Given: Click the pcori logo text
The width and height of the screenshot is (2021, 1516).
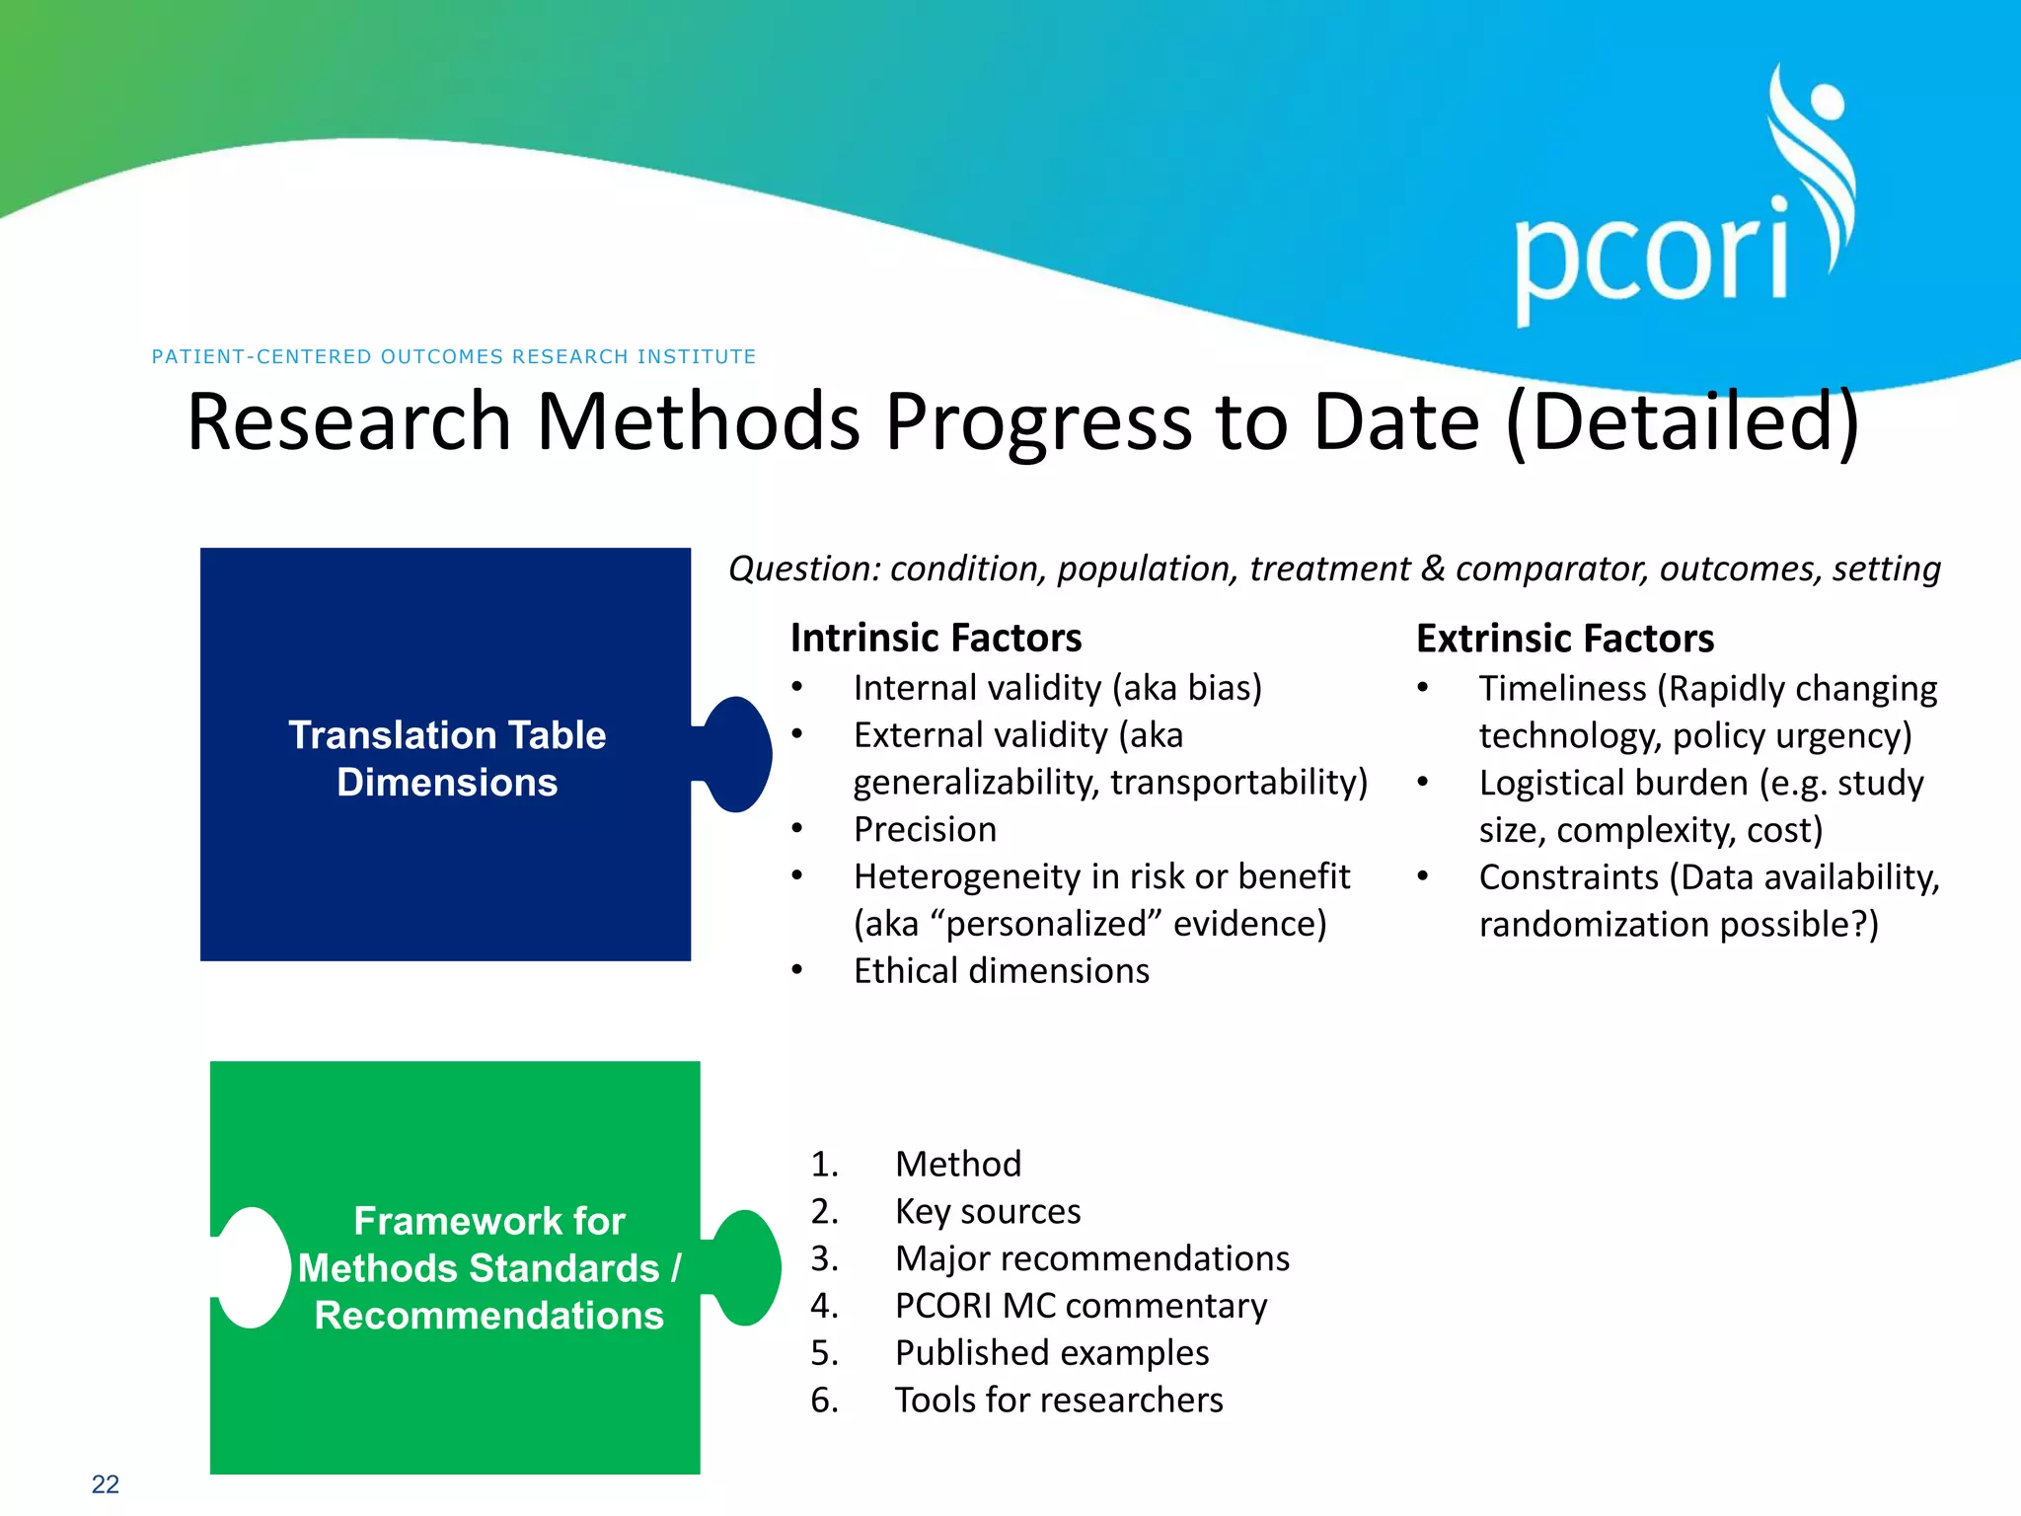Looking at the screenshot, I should coord(1650,259).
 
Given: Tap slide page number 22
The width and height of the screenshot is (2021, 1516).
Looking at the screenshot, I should coord(105,1483).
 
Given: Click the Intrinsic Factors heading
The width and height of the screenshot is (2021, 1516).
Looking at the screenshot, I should coord(936,638).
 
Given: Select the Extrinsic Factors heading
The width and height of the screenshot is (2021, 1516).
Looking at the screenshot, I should coord(1564,639).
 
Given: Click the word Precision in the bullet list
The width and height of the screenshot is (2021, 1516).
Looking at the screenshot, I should coord(925,829).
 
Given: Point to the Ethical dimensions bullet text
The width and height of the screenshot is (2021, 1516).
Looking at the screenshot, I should coord(1001,970).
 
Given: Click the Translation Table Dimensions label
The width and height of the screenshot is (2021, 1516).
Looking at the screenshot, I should coord(446,758).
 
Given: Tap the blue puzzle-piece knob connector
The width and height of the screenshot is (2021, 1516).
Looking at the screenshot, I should coord(738,754).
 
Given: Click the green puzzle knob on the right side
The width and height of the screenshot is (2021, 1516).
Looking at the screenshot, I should coord(747,1267).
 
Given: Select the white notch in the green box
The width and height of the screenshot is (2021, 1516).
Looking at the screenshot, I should coord(252,1267).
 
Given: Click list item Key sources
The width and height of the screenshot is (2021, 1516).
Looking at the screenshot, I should coord(987,1211).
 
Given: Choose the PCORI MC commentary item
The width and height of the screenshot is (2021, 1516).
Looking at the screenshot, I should coord(1080,1306).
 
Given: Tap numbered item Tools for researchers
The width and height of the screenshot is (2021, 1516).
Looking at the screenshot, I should coord(1058,1400).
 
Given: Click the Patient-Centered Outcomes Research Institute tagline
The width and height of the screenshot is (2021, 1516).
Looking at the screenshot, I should coord(454,356).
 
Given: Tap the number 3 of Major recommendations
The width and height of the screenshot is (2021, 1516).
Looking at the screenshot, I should coord(823,1258).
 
